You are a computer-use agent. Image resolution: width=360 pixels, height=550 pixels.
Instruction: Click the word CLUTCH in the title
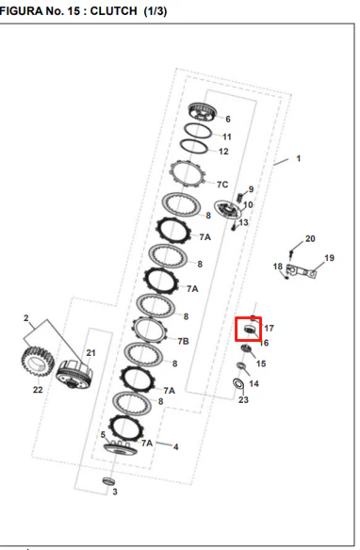click(113, 11)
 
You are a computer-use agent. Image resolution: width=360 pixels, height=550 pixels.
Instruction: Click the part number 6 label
click(228, 120)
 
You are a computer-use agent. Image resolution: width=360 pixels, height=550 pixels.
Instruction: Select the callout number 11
click(227, 137)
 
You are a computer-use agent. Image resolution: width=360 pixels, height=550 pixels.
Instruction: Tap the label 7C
click(222, 185)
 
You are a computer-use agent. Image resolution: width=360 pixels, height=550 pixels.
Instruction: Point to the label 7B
click(183, 341)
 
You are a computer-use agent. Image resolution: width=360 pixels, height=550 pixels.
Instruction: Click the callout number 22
click(38, 389)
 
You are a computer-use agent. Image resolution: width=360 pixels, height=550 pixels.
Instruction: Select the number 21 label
click(90, 352)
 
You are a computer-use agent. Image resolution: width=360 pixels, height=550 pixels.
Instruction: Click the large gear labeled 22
click(38, 362)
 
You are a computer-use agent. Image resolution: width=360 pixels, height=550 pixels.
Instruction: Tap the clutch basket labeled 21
click(74, 375)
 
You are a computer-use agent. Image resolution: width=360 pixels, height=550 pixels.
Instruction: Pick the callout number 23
click(243, 399)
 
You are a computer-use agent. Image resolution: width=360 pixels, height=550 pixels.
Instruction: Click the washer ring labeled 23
click(238, 383)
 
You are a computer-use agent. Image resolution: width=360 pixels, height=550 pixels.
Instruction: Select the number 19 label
click(329, 258)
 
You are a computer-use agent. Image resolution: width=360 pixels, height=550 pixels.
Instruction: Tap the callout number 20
click(310, 238)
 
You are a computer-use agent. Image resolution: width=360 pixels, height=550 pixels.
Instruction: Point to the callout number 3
click(115, 492)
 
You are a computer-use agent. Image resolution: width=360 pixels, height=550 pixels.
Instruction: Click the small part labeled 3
click(108, 481)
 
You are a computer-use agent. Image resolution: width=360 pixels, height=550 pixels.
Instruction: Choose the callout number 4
click(176, 446)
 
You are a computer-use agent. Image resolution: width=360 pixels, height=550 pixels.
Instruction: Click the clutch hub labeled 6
click(202, 112)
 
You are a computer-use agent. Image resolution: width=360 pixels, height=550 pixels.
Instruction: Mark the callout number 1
click(298, 158)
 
